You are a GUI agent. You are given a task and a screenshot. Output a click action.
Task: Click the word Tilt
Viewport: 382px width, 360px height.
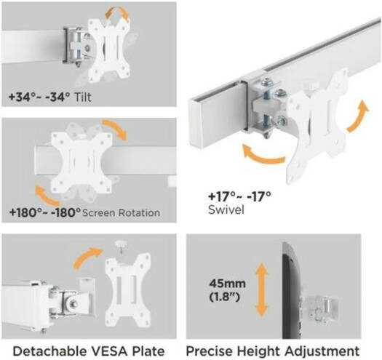[83, 97]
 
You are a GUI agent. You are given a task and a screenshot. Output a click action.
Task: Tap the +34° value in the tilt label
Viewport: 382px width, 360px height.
[20, 97]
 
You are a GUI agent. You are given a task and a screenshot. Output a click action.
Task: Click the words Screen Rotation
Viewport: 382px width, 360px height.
[121, 213]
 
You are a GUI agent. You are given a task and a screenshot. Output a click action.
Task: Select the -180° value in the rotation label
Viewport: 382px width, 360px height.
[65, 212]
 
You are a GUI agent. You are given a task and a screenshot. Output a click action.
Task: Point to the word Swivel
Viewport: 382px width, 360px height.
[226, 209]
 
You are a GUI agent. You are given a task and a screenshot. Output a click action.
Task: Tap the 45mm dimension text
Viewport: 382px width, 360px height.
[227, 284]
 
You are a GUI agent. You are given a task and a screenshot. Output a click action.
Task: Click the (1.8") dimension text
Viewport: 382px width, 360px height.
[224, 297]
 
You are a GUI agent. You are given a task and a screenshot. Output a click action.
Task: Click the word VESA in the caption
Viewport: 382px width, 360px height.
[111, 351]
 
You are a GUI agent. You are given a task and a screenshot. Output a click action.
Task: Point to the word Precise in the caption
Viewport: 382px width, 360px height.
[210, 351]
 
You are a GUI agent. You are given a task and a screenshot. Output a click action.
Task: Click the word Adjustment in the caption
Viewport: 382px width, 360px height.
[322, 351]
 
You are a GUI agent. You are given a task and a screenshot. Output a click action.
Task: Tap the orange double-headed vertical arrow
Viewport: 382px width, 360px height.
[261, 290]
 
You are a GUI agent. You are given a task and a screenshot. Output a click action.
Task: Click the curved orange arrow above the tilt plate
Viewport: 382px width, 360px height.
[116, 12]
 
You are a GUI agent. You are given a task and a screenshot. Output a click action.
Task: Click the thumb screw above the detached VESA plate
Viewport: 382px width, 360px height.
[120, 246]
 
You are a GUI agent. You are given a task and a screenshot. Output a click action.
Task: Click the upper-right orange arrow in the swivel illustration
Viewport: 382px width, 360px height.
[359, 117]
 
